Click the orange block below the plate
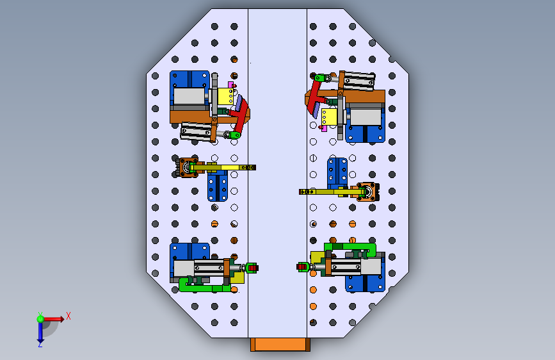(280, 345)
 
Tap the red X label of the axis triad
(68, 316)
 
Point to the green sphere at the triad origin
(40, 319)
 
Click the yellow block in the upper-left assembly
(225, 96)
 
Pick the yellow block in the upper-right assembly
(329, 117)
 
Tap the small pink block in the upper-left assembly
(230, 85)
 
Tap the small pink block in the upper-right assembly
(324, 128)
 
